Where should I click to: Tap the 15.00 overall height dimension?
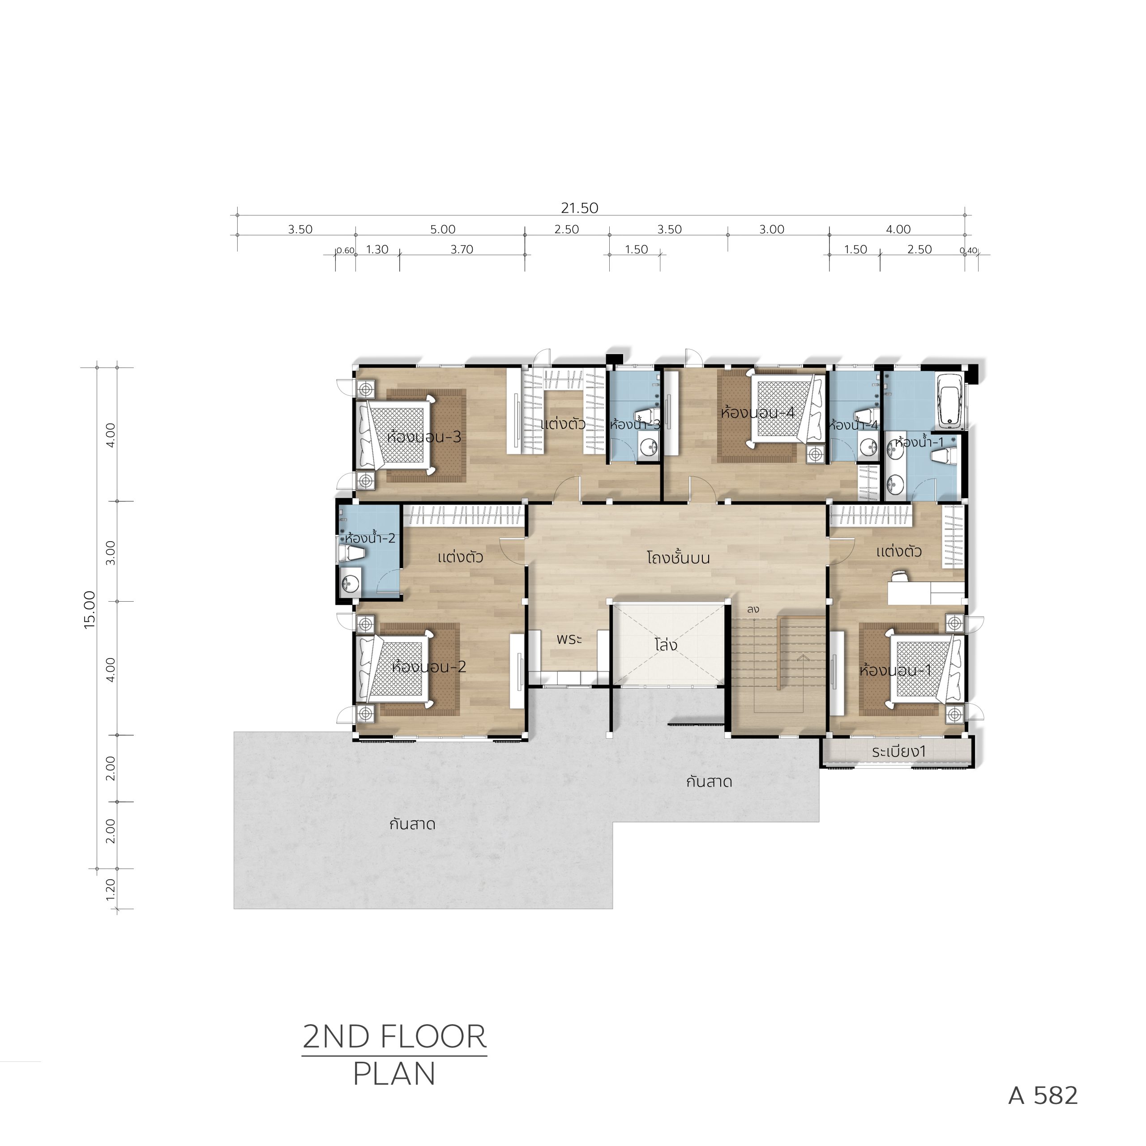click(90, 610)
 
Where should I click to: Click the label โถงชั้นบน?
click(678, 558)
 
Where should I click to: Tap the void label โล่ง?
click(666, 644)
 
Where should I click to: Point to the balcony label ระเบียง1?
click(898, 752)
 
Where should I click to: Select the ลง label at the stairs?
click(753, 609)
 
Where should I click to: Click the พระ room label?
click(569, 639)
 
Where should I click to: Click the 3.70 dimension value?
click(462, 250)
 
